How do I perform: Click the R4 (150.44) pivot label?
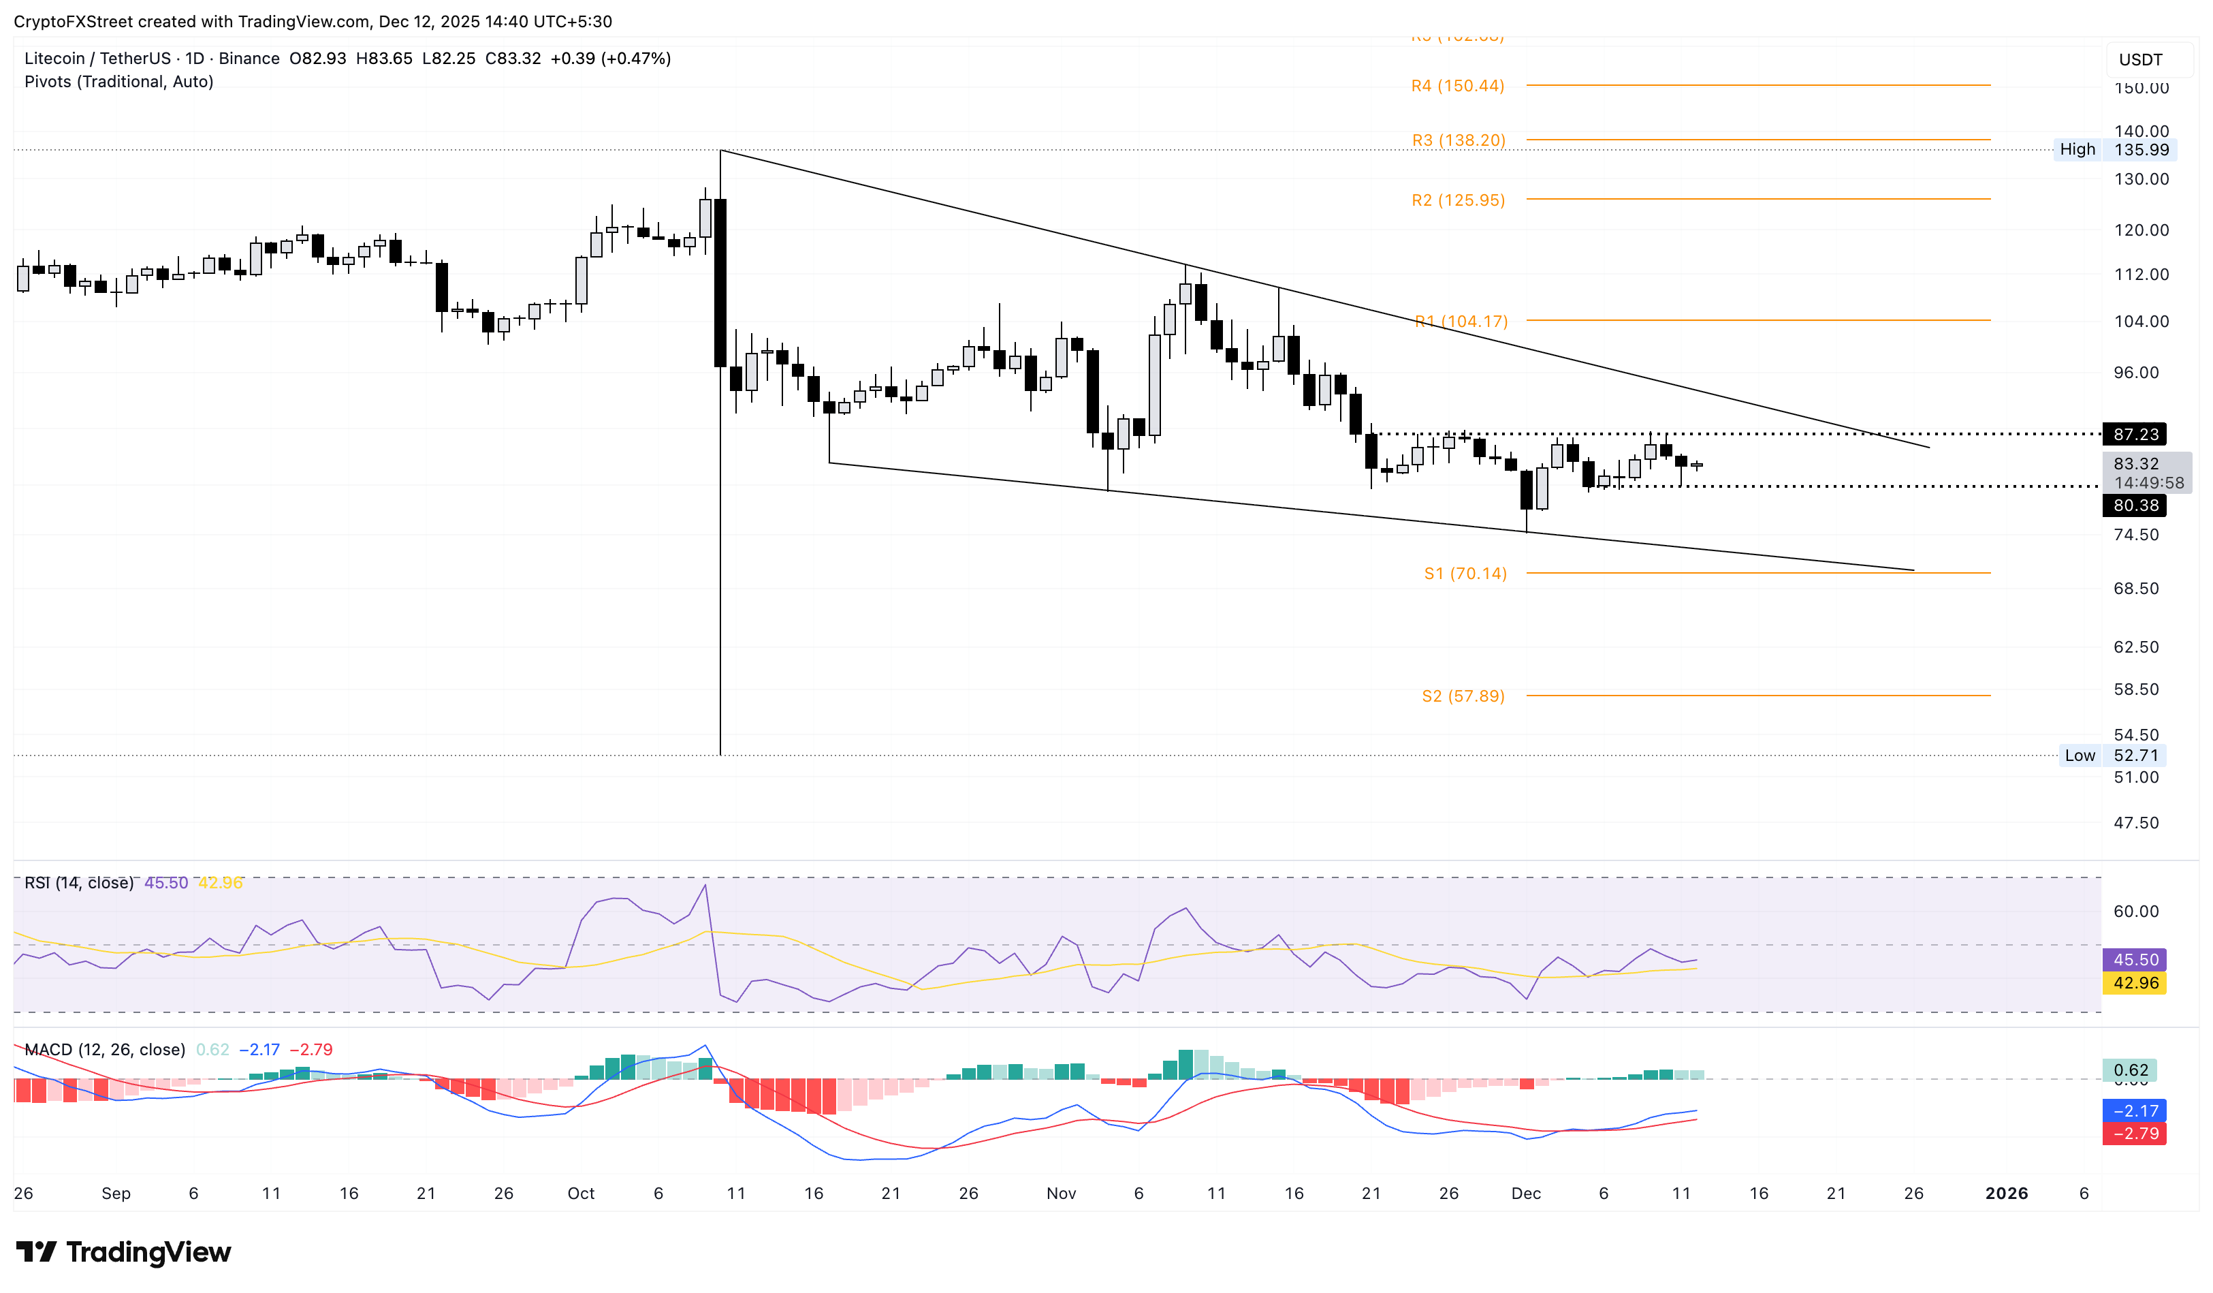(1457, 86)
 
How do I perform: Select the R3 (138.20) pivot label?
(1458, 140)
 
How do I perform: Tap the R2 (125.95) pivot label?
(1458, 200)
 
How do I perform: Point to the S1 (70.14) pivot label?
(1465, 574)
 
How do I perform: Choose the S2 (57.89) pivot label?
(1463, 696)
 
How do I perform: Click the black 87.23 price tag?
(2135, 434)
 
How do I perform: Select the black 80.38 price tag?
(2135, 505)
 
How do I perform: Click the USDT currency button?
(2140, 60)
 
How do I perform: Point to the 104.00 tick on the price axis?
(2140, 322)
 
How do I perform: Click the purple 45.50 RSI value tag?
(2135, 960)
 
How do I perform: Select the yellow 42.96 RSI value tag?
(2135, 983)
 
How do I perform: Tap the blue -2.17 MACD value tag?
(2135, 1111)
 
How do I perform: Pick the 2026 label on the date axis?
(2007, 1193)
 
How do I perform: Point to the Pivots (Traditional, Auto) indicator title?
(118, 82)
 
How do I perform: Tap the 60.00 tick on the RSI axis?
(2136, 912)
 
